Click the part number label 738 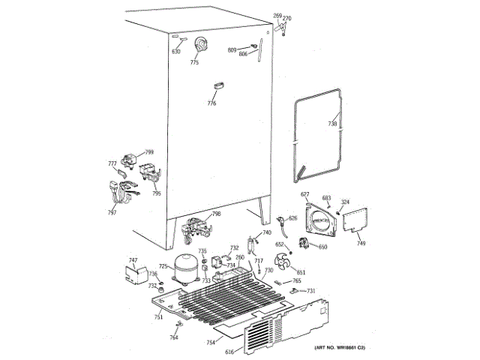coord(333,124)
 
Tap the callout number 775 coord(194,63)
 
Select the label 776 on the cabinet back coord(211,103)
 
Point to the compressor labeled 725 coord(184,266)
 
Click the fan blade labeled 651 coord(283,263)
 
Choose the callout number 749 coord(361,244)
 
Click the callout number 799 coord(149,151)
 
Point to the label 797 coord(112,213)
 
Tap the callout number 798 coord(216,214)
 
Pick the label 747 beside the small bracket coord(133,260)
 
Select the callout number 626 coord(292,218)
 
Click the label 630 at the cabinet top coord(176,51)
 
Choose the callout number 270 coord(286,17)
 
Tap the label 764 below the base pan coord(174,337)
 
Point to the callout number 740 coord(266,233)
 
